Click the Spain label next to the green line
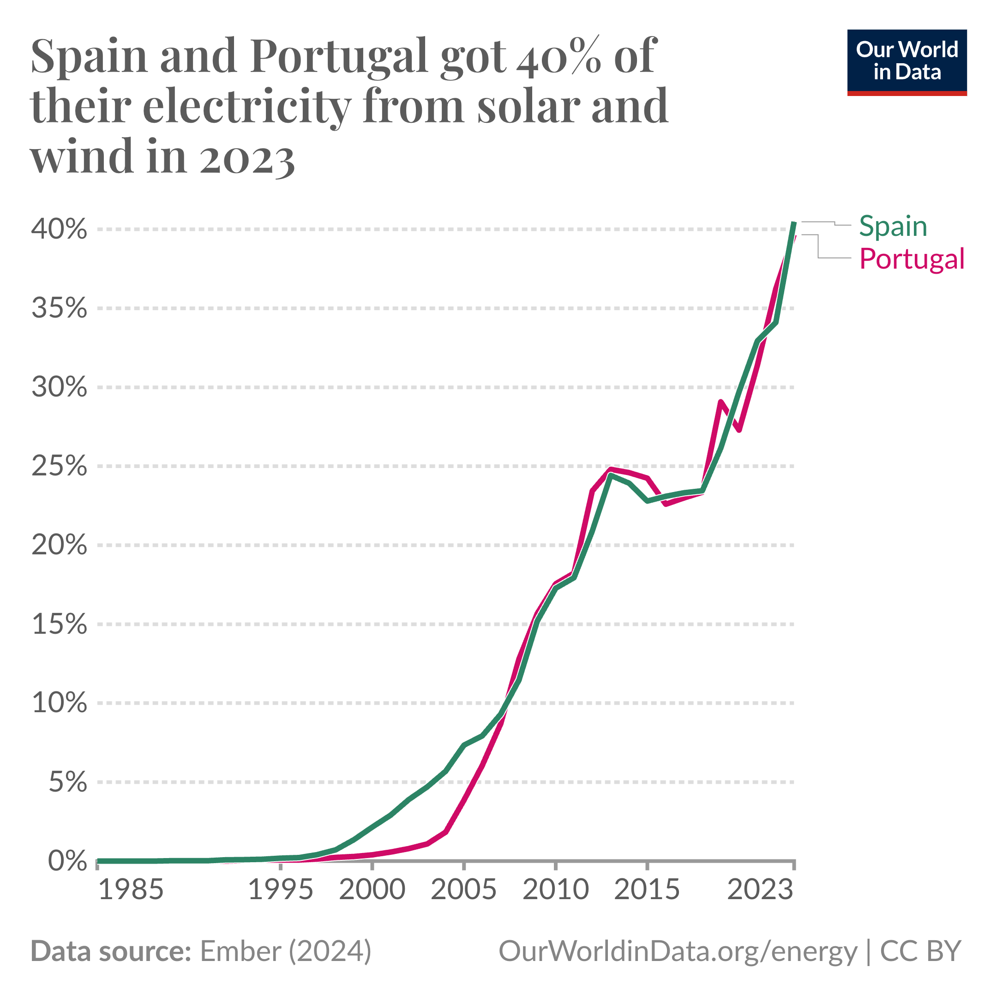(893, 227)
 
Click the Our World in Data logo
(907, 62)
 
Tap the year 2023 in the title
(246, 157)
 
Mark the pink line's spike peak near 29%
(721, 402)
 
